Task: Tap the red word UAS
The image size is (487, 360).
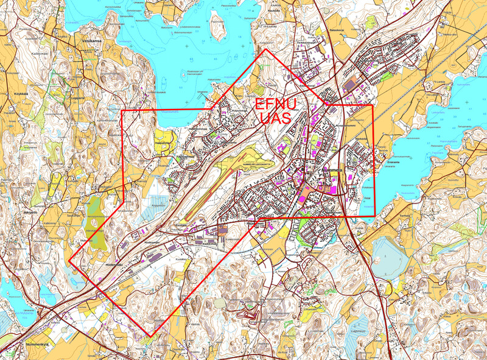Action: tap(275, 119)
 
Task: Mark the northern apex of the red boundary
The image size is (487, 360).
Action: tap(264, 49)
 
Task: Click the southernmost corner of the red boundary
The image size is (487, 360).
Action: tap(150, 336)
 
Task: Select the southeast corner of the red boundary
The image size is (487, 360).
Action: tap(374, 216)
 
